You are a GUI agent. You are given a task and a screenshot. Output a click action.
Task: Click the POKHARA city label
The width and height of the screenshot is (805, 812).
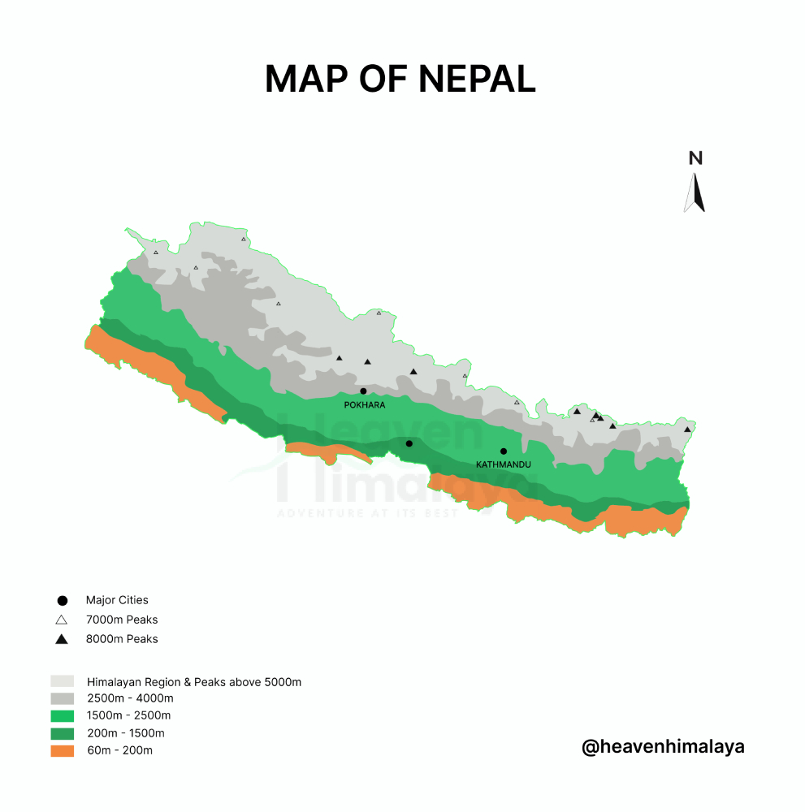[365, 404]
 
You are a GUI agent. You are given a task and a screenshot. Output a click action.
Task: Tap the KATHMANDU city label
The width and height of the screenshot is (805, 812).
[504, 464]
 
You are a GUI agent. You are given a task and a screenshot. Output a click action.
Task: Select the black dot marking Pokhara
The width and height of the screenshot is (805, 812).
[363, 391]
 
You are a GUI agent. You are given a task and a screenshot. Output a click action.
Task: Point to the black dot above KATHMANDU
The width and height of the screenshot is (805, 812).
[504, 451]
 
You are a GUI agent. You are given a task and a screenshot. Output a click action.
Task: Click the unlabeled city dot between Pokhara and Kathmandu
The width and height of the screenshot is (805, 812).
[409, 443]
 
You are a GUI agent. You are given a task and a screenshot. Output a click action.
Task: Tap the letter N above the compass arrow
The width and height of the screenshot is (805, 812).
[695, 158]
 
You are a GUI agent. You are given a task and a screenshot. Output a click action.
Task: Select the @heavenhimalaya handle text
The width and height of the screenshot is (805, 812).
[663, 746]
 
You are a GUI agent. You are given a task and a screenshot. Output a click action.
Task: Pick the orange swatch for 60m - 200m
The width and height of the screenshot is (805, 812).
[63, 750]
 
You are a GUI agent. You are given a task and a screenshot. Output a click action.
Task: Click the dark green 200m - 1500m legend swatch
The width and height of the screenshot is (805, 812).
[63, 733]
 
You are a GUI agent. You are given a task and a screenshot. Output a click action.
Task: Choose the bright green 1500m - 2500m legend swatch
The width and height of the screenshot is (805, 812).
[63, 715]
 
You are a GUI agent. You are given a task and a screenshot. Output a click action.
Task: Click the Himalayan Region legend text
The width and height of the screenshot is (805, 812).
[194, 682]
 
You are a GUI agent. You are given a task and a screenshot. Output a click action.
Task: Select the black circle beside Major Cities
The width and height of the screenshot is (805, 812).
[62, 601]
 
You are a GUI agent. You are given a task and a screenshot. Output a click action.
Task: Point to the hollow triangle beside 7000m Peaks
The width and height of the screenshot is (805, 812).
[62, 620]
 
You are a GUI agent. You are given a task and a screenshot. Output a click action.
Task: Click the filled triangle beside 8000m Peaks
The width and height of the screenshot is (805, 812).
[62, 640]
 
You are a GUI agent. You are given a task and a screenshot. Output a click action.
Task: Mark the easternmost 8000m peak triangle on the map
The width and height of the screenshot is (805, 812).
[687, 430]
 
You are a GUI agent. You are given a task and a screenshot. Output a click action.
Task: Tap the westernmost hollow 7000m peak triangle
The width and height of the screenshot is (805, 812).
[156, 253]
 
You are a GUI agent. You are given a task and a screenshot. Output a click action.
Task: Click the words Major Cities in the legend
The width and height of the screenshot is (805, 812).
[117, 601]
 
